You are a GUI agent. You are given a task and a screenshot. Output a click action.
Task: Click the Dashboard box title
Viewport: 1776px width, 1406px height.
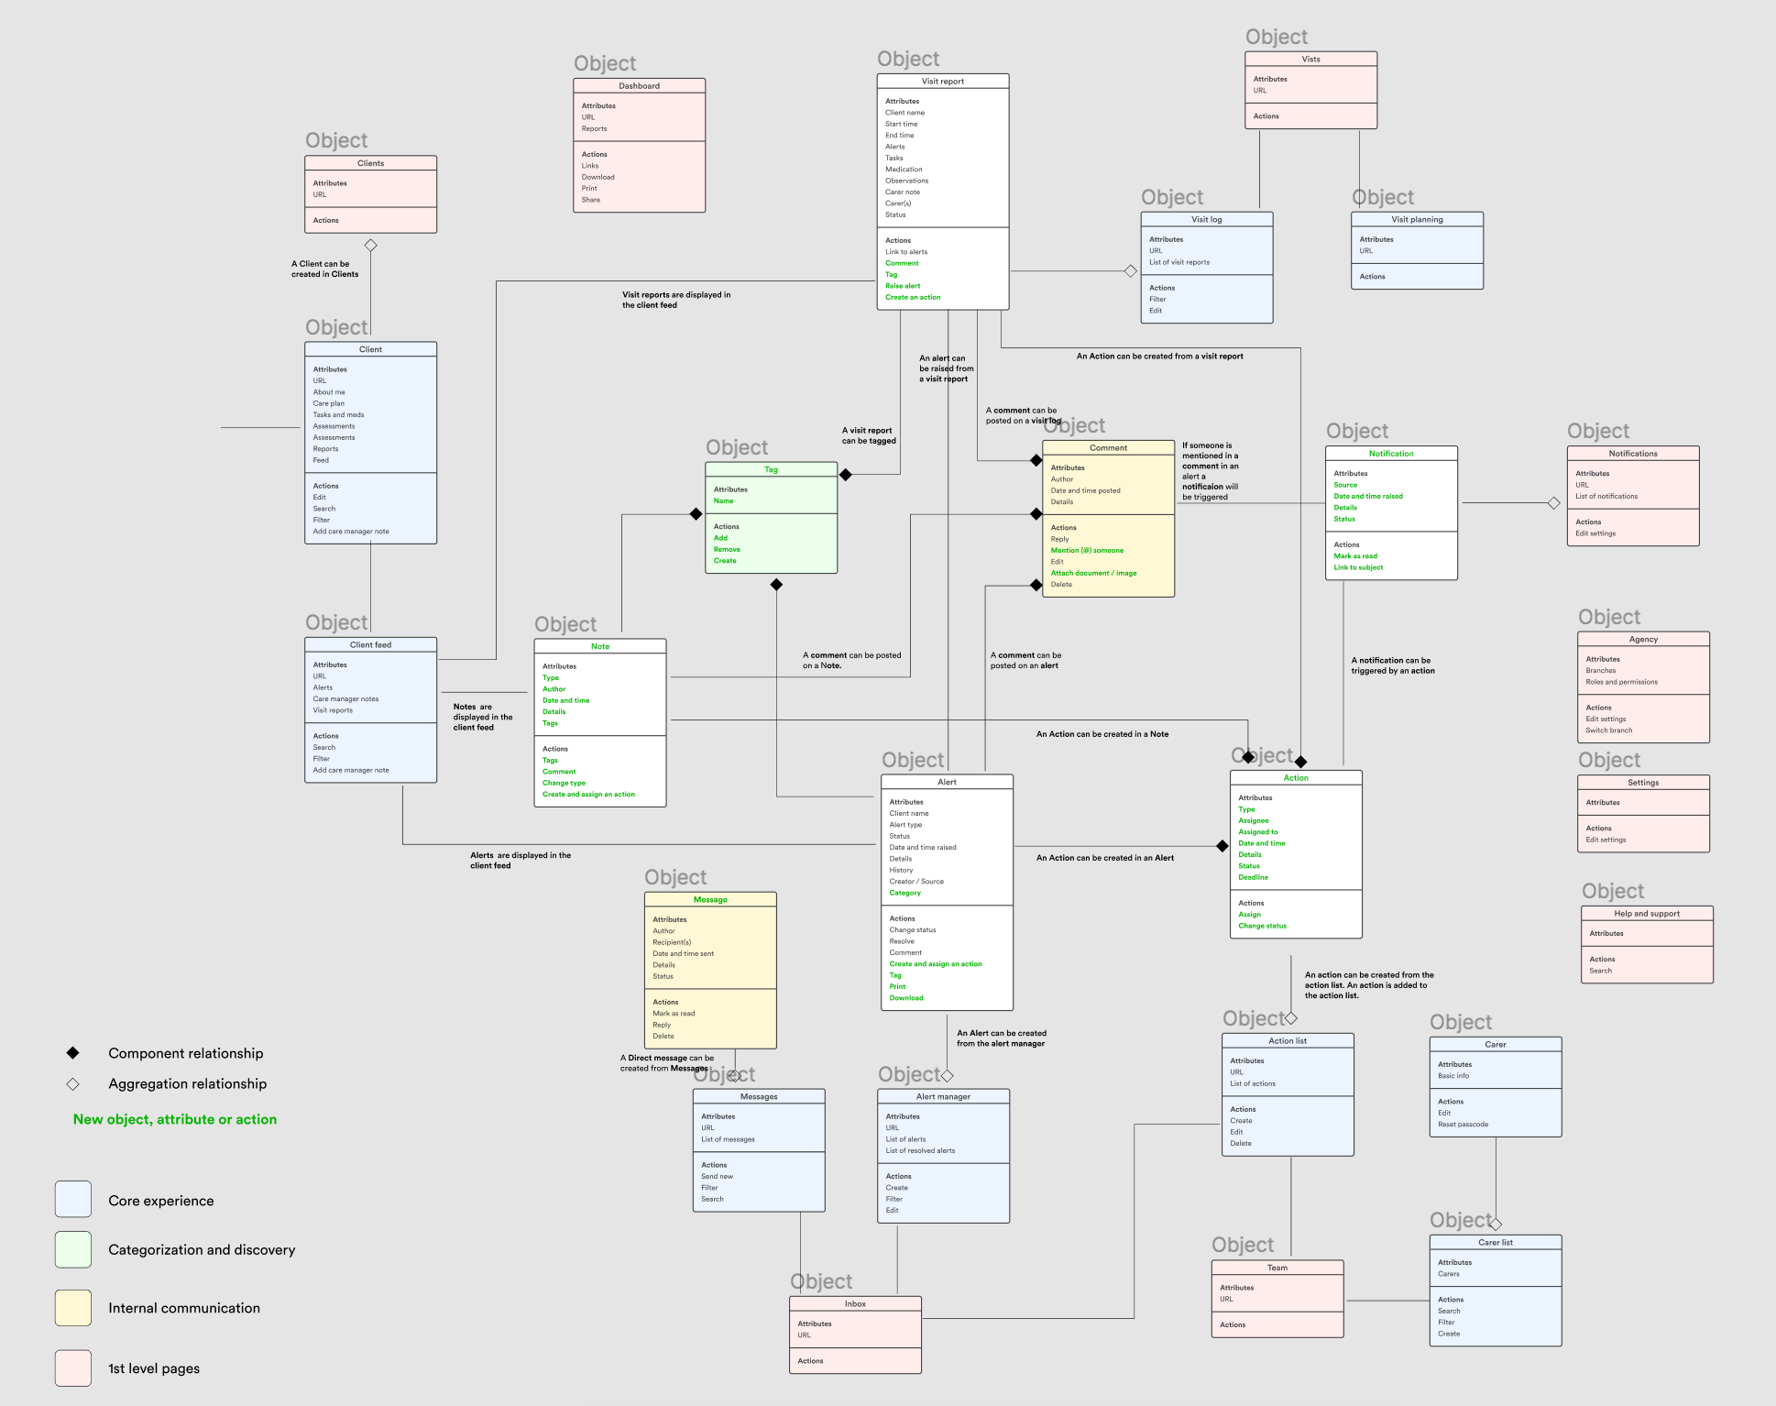(x=639, y=86)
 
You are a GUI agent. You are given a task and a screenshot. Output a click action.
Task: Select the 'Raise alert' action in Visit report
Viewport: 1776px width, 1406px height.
(x=903, y=286)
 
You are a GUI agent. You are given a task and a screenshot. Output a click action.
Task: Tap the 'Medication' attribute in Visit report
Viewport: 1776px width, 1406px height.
(x=904, y=170)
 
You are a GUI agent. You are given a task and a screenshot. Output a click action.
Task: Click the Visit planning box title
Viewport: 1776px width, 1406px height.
(x=1417, y=220)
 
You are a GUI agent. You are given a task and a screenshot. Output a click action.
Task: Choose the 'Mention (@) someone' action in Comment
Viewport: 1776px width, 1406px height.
(x=1087, y=551)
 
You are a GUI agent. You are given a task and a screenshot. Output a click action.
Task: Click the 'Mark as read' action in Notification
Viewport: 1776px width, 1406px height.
(x=1355, y=556)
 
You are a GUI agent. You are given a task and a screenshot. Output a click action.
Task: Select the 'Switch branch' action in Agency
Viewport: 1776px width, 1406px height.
(x=1609, y=730)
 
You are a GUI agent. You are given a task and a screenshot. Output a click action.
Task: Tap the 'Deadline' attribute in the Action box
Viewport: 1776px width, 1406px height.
(x=1254, y=877)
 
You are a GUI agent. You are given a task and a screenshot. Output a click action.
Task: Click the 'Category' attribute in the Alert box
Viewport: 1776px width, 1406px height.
(x=904, y=893)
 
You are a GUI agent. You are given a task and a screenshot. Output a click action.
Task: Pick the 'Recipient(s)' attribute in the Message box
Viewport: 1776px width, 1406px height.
(x=672, y=942)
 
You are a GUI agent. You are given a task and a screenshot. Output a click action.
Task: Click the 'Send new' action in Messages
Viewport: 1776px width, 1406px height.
(x=717, y=1177)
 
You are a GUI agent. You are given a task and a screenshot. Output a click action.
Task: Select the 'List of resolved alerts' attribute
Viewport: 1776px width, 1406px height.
(x=920, y=1151)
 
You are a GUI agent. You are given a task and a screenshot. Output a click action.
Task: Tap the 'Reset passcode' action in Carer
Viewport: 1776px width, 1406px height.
(x=1463, y=1125)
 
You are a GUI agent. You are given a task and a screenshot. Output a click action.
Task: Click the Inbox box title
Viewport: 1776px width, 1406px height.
(x=855, y=1304)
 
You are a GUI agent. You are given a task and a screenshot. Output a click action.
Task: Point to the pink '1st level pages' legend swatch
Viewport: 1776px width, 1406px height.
(x=73, y=1368)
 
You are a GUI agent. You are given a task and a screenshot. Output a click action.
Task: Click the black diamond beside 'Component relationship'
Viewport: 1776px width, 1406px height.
(x=73, y=1053)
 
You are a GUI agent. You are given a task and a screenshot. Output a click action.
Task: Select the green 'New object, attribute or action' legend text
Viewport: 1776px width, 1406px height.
(x=175, y=1119)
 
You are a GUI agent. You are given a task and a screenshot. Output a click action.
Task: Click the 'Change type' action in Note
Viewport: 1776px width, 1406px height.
(x=564, y=784)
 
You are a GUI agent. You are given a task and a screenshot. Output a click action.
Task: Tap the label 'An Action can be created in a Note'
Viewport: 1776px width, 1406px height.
(x=1102, y=734)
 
